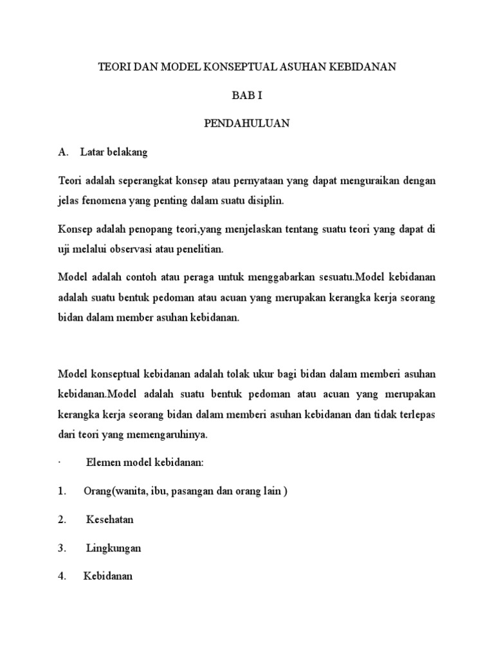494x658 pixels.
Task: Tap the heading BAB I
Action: click(246, 95)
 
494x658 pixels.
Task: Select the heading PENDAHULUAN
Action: click(247, 124)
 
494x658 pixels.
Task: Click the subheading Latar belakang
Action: click(114, 152)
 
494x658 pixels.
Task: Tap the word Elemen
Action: click(103, 463)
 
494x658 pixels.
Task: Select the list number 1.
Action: click(62, 492)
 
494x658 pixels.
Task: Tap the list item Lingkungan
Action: click(113, 548)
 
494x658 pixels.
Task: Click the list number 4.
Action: click(62, 576)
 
